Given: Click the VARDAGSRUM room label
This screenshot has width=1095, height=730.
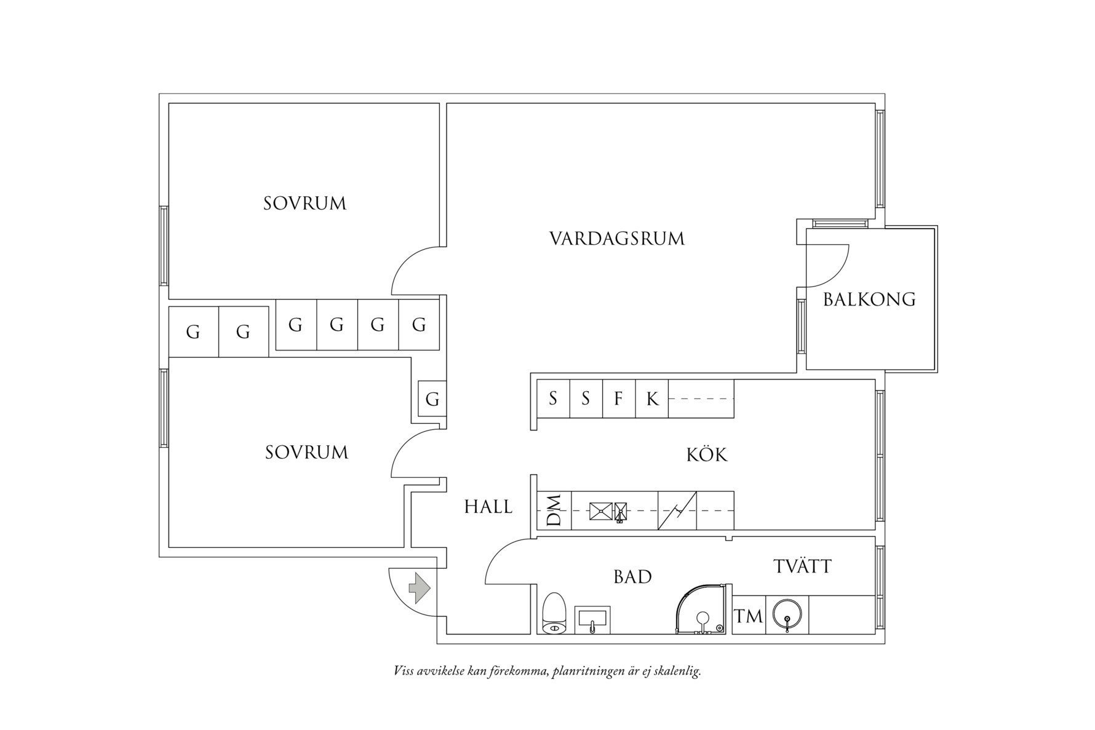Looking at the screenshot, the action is (x=617, y=239).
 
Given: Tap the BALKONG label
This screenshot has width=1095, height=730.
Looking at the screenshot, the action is (x=869, y=300).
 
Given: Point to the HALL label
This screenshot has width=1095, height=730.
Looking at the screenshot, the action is (x=488, y=507).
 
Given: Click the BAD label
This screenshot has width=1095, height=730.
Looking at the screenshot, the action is (x=632, y=577).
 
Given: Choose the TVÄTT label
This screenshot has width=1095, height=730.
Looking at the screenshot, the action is (x=803, y=565).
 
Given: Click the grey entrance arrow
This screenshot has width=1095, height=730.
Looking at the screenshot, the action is (x=420, y=589).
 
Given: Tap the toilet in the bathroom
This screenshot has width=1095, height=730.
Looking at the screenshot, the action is (x=554, y=613).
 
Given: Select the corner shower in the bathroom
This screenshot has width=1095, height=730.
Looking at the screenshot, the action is (x=704, y=608).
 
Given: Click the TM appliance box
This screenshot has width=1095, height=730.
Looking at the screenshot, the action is (x=749, y=615).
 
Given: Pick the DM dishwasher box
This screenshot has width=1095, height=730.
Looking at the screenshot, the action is (x=554, y=510).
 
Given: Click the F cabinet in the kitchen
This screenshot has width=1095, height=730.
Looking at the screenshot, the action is (x=619, y=399).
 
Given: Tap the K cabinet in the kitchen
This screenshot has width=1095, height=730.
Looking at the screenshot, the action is (x=652, y=399).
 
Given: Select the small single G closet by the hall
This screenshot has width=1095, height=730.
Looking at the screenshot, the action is (x=432, y=399).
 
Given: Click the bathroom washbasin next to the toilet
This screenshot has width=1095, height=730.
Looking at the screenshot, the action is (x=592, y=619).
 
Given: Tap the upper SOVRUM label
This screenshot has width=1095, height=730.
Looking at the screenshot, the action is (x=305, y=204).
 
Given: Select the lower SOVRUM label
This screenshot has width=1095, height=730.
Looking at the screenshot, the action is (x=306, y=453).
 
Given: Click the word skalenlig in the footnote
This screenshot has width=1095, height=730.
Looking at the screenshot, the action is (x=679, y=671).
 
